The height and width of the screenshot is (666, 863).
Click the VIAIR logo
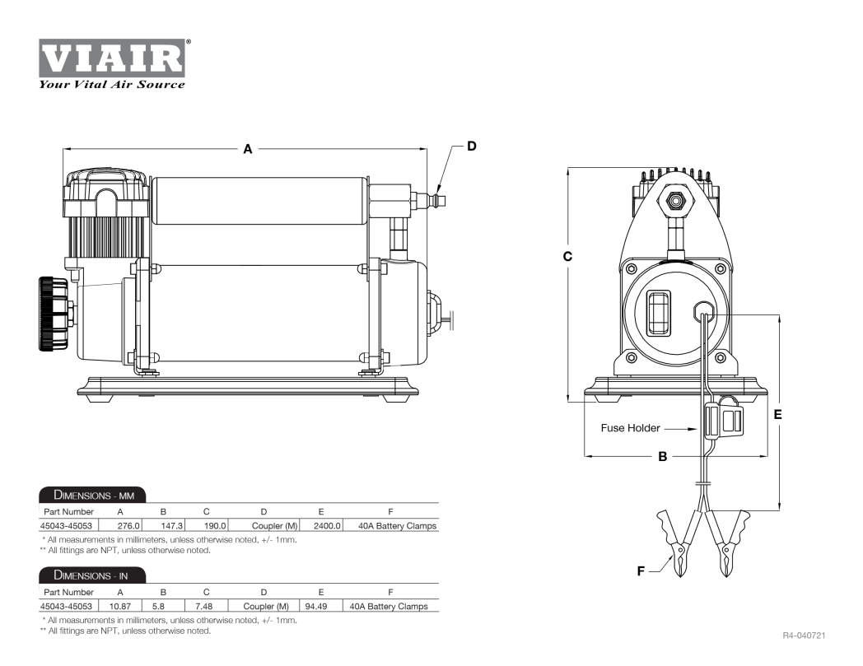[x=112, y=58]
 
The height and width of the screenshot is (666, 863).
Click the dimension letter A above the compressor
[x=248, y=149]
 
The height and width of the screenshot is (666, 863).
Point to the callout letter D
[x=472, y=146]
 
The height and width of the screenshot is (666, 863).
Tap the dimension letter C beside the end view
[x=567, y=257]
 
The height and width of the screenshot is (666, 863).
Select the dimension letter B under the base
[x=663, y=456]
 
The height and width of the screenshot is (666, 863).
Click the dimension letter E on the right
[x=777, y=414]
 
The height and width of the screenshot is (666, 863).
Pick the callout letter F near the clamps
[x=641, y=571]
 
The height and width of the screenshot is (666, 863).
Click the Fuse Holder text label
[x=630, y=427]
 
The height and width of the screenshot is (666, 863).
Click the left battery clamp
[x=677, y=543]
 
